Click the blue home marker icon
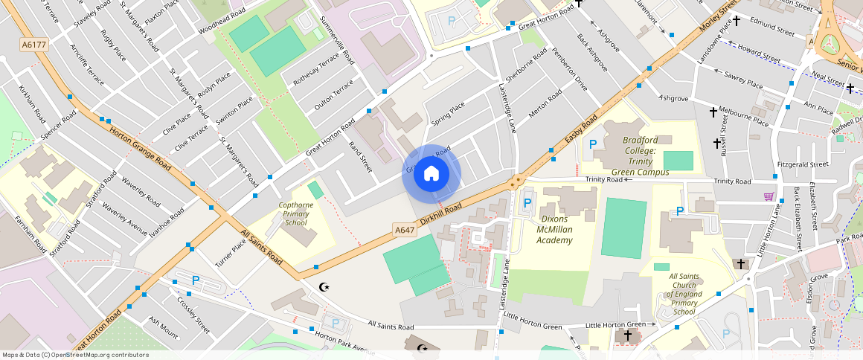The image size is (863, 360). (431, 174)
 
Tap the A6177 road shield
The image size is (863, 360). (33, 45)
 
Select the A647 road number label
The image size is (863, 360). (405, 231)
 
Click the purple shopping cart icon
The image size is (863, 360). (768, 196)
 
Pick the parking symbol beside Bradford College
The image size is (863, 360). (593, 144)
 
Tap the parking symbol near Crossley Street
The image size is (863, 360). (196, 280)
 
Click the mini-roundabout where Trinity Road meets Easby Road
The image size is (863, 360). (515, 181)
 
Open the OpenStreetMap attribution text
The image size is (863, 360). (74, 355)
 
